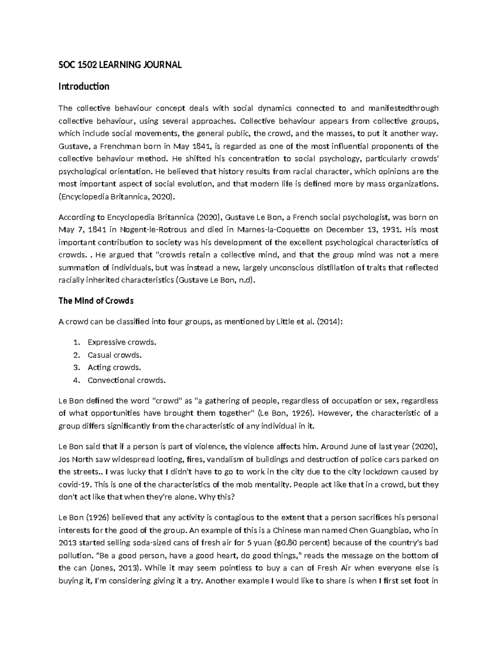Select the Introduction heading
pos(84,87)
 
